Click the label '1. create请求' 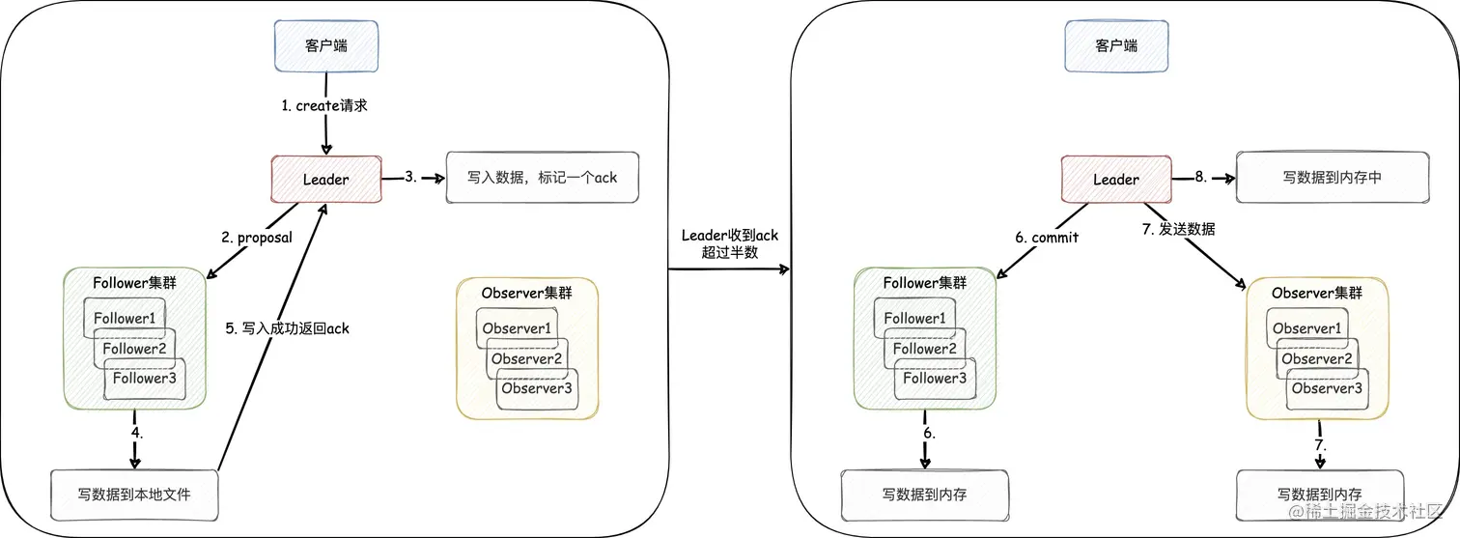pos(324,106)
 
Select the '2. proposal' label pos(258,238)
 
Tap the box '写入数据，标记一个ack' pos(543,178)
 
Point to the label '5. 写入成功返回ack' pos(287,328)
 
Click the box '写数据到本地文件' pos(134,495)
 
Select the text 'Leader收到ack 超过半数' pos(730,244)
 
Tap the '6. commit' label pos(1046,238)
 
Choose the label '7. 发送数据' pos(1177,229)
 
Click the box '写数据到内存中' pos(1332,178)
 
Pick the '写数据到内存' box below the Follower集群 pos(924,495)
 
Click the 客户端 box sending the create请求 pos(325,45)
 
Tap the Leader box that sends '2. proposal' pos(325,179)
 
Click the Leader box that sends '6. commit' pos(1115,179)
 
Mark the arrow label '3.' pos(410,177)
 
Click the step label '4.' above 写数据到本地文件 pos(136,434)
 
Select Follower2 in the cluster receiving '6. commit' pos(924,349)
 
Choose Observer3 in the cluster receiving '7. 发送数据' pos(1326,388)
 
